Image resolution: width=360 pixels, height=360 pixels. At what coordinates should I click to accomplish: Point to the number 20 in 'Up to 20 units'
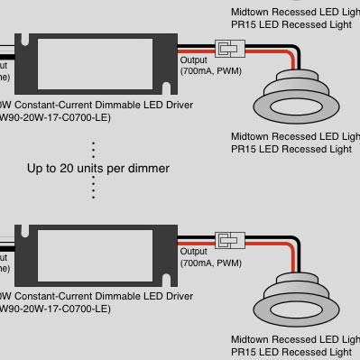86,169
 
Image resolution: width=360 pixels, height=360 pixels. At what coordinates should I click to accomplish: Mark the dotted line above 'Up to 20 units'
94,149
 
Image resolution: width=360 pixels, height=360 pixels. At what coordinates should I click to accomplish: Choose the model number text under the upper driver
54,117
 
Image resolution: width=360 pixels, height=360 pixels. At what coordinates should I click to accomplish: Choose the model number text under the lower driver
54,309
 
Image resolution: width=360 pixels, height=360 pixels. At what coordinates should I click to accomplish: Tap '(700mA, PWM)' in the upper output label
210,69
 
